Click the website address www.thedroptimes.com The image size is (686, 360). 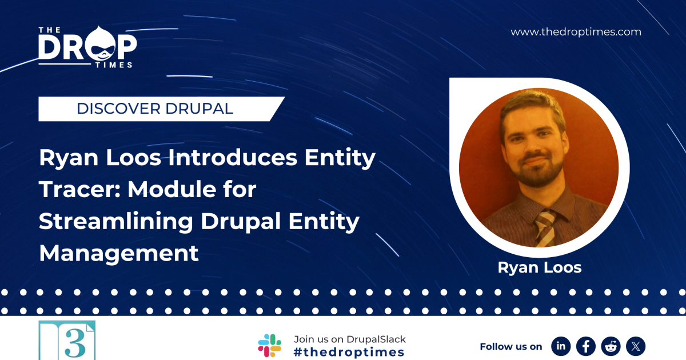[x=576, y=32]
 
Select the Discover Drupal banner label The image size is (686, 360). [x=155, y=109]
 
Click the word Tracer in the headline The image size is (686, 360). [x=79, y=189]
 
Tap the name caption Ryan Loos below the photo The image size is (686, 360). [x=539, y=267]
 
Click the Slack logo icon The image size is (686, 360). [x=269, y=345]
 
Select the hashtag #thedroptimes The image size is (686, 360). [x=349, y=352]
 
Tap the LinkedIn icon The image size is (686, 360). [x=561, y=346]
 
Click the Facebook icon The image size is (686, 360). [x=586, y=346]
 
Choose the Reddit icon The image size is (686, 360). [x=611, y=346]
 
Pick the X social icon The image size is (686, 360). [x=636, y=346]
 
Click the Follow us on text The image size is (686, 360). [x=510, y=346]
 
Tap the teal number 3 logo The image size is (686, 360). [x=67, y=341]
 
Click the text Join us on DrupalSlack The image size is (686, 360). [x=349, y=339]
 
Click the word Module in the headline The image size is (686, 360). [x=174, y=189]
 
